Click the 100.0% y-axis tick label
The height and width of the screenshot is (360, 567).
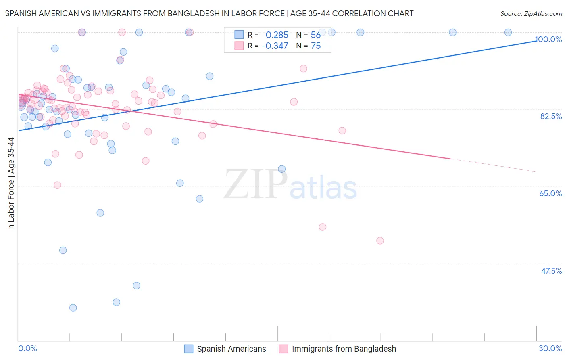pos(548,39)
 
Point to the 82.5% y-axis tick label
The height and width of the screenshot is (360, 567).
pos(551,116)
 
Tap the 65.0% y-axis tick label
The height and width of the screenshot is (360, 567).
pos(550,193)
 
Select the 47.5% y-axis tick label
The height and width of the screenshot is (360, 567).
pos(551,271)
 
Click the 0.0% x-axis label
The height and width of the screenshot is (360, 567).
pos(27,348)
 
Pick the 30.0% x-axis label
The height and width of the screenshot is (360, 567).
pos(550,348)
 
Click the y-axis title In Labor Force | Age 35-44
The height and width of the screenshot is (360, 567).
pos(11,184)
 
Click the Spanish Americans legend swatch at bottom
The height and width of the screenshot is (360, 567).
pos(188,349)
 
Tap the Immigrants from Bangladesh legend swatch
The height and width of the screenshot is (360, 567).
pos(283,349)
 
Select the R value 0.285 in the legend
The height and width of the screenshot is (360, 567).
pos(277,35)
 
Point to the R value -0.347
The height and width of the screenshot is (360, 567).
pos(275,46)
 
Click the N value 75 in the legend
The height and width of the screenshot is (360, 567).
pos(316,46)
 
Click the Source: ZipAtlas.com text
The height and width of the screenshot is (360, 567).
pos(531,14)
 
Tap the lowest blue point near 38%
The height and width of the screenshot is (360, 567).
pos(73,308)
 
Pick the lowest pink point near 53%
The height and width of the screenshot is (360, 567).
pos(380,241)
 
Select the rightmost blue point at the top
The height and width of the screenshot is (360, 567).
pos(508,32)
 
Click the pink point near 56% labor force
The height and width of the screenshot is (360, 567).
pos(323,227)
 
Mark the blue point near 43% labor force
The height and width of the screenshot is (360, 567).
pos(137,285)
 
